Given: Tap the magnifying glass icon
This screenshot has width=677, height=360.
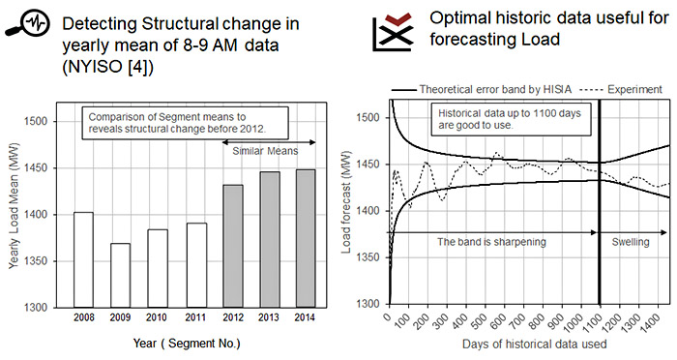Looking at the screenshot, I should [22, 24].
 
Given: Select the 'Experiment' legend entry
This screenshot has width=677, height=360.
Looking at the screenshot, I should [633, 89].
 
